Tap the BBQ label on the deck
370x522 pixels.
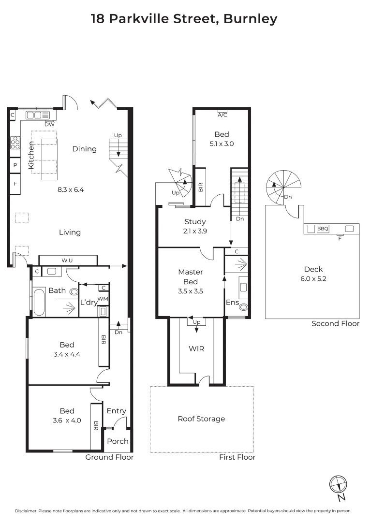(x=323, y=229)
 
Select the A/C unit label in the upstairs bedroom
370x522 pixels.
(x=222, y=115)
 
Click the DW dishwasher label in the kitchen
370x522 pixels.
(x=49, y=124)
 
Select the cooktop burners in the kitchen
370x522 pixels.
(x=15, y=143)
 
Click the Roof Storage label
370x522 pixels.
(x=201, y=419)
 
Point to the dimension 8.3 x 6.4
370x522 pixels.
(x=70, y=190)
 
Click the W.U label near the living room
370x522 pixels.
(x=67, y=261)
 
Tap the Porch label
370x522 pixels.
(x=118, y=441)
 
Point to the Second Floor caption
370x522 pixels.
(x=336, y=324)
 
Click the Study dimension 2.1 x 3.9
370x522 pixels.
(x=195, y=232)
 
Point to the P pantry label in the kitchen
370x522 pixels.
(x=15, y=165)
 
